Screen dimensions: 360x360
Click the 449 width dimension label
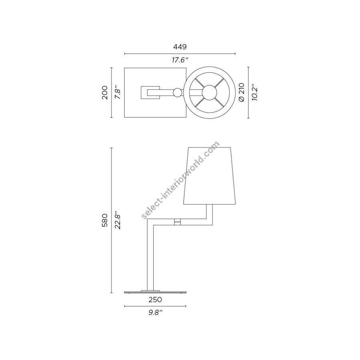pyautogui.click(x=180, y=47)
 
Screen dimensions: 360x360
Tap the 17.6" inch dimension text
pyautogui.click(x=180, y=60)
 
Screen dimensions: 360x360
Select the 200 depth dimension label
pyautogui.click(x=105, y=92)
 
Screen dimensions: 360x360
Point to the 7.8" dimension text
pyautogui.click(x=118, y=92)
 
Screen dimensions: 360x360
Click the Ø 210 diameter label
pyautogui.click(x=242, y=92)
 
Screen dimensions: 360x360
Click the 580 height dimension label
pyautogui.click(x=105, y=220)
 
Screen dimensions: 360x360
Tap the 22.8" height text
pyautogui.click(x=118, y=220)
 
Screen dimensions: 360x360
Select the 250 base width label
pyautogui.click(x=155, y=300)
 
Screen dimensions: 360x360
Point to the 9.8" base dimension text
pyautogui.click(x=156, y=312)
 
